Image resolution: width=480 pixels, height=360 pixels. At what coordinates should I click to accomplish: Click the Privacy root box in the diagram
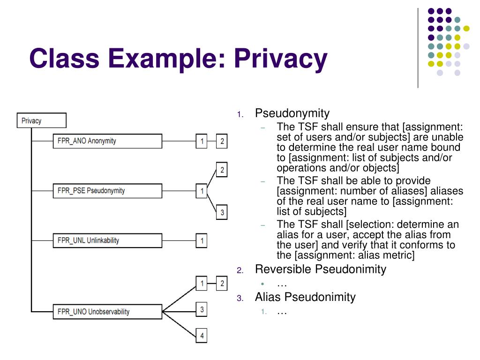point(41,120)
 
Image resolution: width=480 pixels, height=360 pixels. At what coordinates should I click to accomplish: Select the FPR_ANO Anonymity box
point(107,141)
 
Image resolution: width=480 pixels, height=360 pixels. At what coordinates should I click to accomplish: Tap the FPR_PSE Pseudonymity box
point(107,191)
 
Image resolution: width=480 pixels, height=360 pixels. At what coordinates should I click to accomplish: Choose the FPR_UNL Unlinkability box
point(107,240)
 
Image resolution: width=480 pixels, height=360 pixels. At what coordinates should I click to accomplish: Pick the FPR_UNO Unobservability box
point(107,311)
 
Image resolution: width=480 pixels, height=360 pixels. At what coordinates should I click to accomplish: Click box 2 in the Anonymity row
point(222,141)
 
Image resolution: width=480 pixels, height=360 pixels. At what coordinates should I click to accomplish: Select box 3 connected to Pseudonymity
point(222,213)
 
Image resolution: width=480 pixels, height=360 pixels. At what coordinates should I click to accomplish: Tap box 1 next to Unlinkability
point(202,240)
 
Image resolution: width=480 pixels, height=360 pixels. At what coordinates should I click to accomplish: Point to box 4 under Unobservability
point(202,336)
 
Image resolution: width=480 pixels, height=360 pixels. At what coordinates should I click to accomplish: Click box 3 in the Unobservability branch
point(202,309)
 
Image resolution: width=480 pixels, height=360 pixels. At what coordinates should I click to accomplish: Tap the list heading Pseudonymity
point(292,113)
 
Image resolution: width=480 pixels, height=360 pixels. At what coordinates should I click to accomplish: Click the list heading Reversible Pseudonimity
point(321,269)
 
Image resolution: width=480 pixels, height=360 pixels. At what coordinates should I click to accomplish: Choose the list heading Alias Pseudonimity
point(305,297)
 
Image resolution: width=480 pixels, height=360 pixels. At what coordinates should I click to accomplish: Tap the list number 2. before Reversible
point(240,270)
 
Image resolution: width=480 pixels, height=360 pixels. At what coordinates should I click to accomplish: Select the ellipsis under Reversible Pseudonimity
point(282,284)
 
